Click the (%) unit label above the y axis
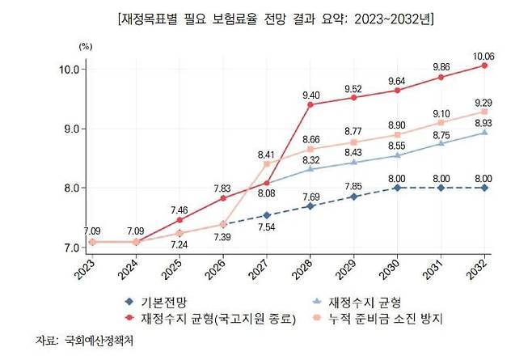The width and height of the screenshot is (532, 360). coord(86,46)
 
